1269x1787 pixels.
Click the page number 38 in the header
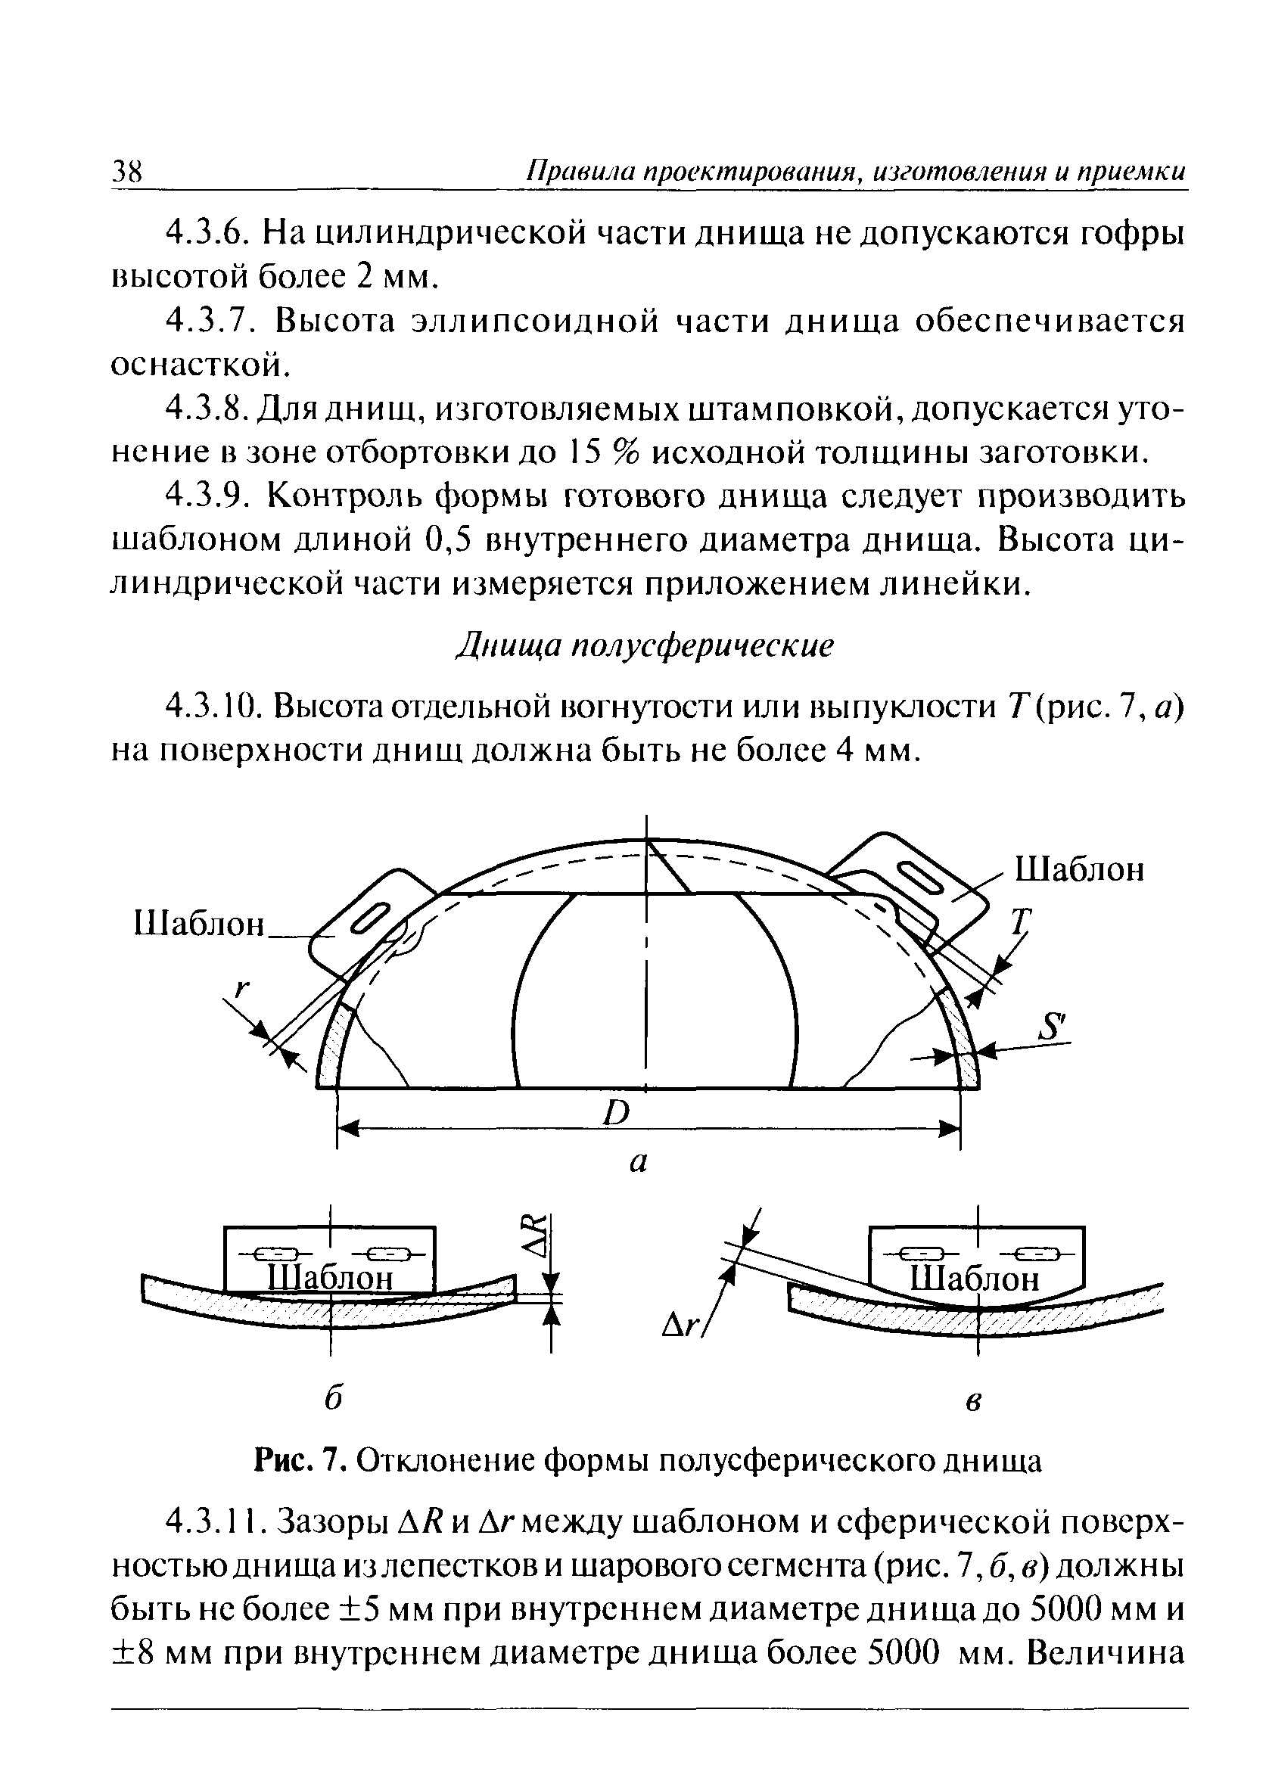click(126, 171)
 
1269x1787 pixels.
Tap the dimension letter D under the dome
click(617, 1112)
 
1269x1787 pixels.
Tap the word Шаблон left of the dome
click(200, 924)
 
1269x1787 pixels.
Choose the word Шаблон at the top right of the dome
click(1079, 869)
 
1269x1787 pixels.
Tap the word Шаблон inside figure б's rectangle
click(329, 1279)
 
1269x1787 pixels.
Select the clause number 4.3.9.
click(210, 497)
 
